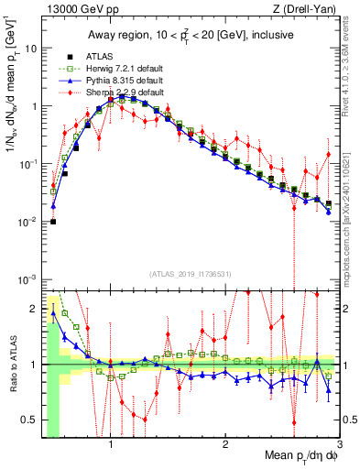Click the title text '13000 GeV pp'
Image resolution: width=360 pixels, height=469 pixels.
coord(73,10)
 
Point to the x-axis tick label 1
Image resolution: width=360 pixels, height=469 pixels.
coord(111,443)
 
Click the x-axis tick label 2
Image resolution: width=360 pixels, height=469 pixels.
coord(225,443)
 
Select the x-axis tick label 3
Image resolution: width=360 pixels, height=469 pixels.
coord(339,443)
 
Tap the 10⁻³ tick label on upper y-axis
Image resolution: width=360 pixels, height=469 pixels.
coord(27,278)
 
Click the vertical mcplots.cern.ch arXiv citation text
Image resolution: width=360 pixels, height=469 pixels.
coord(349,197)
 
